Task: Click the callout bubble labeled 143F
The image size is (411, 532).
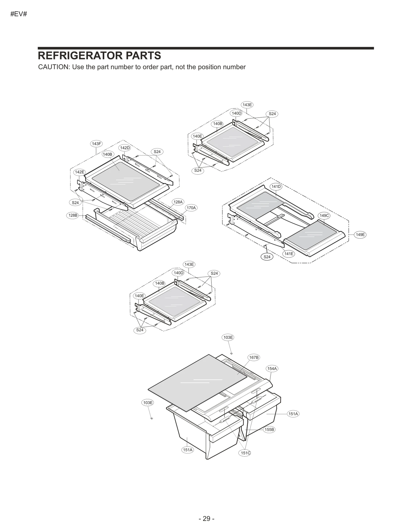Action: (x=96, y=144)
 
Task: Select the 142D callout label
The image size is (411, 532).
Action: (x=125, y=148)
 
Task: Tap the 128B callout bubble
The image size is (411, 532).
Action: (x=73, y=215)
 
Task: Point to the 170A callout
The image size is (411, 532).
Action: (x=191, y=208)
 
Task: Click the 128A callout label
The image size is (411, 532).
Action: (x=178, y=202)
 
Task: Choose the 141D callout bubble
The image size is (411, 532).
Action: (x=276, y=186)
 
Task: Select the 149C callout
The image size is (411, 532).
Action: (x=324, y=216)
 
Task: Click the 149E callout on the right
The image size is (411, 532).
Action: (x=360, y=234)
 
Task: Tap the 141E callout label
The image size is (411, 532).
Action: (x=289, y=254)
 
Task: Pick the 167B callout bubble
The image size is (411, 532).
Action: (x=254, y=357)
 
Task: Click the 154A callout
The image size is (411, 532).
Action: (x=272, y=368)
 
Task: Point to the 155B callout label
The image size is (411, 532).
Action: (x=269, y=429)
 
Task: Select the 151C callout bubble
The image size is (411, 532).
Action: (x=245, y=453)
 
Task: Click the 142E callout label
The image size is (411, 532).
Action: (x=79, y=172)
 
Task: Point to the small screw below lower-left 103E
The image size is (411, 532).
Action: (x=152, y=418)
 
